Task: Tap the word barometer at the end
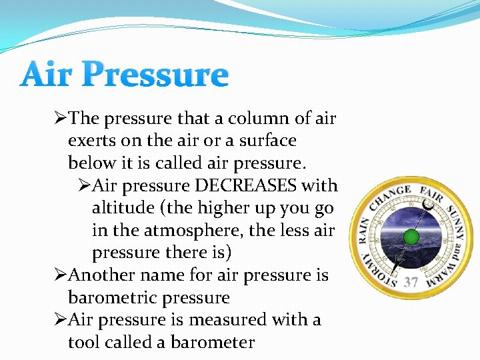(213, 343)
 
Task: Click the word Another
(101, 275)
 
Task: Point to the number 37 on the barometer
(411, 282)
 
